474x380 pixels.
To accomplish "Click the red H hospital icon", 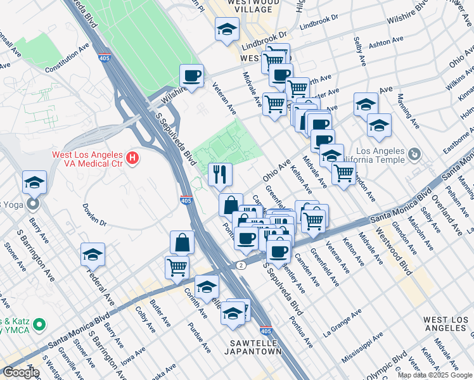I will coord(132,158).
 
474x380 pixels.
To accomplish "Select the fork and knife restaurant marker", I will coord(221,174).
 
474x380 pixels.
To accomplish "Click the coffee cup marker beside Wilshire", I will coord(191,76).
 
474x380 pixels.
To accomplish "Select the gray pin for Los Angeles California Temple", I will coord(414,155).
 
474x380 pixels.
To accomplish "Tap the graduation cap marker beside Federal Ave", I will coord(93,255).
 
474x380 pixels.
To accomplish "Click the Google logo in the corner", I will coord(21,372).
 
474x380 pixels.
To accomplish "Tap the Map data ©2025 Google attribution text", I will coord(434,375).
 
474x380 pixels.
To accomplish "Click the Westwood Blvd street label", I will coord(394,251).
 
